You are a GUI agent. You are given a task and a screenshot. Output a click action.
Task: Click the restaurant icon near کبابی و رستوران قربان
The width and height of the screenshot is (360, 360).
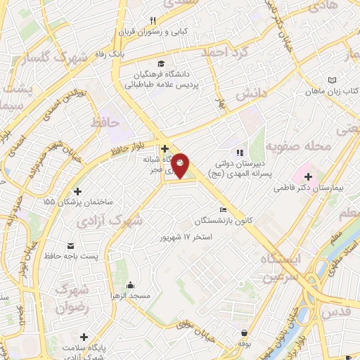[153, 20]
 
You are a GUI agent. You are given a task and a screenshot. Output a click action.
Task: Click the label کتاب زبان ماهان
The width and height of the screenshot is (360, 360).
[333, 92]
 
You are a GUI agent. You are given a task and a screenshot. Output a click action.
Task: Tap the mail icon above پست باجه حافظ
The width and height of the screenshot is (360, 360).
[71, 245]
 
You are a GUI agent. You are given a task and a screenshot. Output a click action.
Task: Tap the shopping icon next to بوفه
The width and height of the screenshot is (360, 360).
[243, 333]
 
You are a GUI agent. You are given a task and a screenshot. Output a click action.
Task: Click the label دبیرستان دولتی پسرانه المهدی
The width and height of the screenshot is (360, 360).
[239, 166]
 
